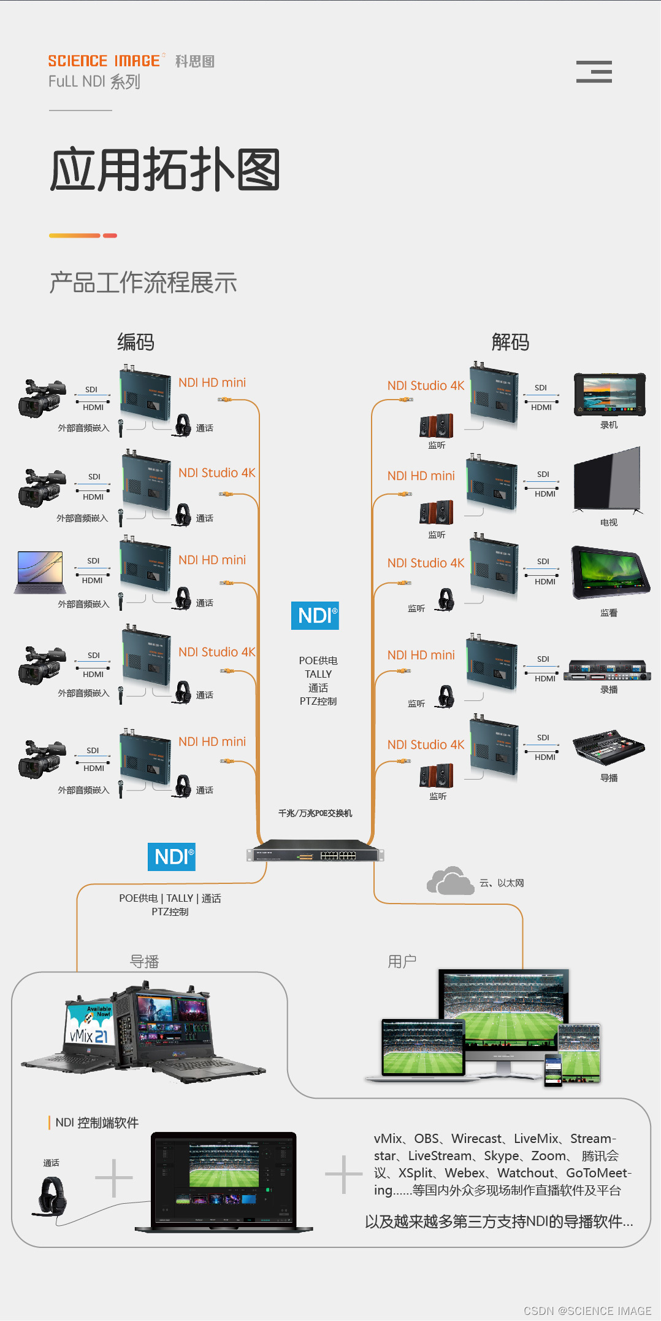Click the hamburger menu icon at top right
pos(594,72)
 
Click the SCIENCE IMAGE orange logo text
pos(104,61)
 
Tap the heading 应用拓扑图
pos(165,169)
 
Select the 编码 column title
pos(136,342)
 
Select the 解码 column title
pos(510,342)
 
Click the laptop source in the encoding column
pos(40,571)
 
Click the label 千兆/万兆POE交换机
pos(315,813)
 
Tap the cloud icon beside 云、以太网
pos(449,881)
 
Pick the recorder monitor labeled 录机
pos(609,393)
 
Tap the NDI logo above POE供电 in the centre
pos(315,616)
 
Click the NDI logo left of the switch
pos(172,857)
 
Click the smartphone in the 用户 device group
pos(553,1069)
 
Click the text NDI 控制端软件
pos(97,1123)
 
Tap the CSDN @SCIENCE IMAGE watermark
pos(587,1311)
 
